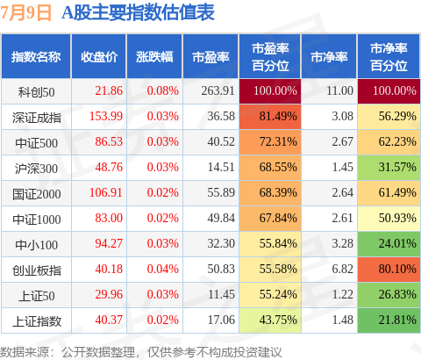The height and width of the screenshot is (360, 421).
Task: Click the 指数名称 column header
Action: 36,57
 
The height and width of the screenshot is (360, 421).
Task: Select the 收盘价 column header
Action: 99,57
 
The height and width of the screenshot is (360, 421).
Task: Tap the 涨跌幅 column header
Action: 154,57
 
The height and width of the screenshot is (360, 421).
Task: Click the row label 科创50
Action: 36,92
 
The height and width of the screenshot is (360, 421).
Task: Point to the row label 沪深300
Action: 36,169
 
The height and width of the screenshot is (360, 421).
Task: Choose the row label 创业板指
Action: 37,270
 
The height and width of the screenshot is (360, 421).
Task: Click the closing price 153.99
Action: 106,116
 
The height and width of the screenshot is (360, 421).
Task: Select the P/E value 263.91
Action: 218,90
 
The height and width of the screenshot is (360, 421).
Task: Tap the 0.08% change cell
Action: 163,90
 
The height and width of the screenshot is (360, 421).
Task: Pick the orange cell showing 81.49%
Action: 270,117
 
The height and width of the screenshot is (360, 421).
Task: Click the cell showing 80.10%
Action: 389,270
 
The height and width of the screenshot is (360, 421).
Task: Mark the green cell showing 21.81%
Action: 389,320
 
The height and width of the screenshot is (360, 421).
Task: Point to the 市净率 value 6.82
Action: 343,269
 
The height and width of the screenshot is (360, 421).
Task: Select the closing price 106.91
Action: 106,192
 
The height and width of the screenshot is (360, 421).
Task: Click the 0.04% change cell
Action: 163,269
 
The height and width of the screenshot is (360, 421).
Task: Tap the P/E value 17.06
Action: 221,320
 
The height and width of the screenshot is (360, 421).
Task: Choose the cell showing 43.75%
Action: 270,320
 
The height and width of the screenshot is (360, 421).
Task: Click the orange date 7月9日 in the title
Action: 25,13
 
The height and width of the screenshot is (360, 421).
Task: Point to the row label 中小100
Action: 36,245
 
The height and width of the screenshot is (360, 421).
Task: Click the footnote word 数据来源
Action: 25,352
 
